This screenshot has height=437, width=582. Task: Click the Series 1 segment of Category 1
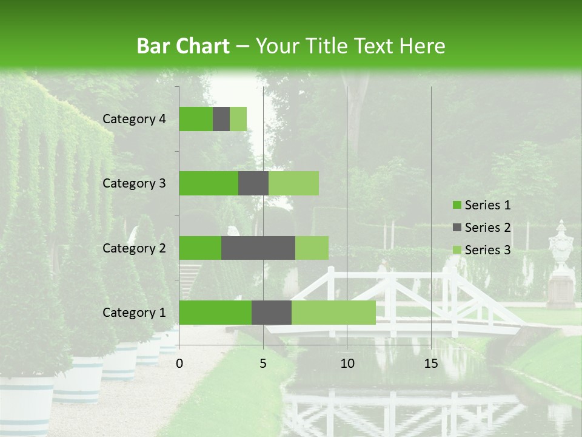[215, 313]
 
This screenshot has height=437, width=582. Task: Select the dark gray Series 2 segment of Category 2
[258, 248]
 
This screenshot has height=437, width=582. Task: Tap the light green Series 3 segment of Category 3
[293, 183]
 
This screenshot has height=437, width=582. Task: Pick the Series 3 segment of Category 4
[238, 119]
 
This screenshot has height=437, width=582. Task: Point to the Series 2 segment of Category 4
[221, 119]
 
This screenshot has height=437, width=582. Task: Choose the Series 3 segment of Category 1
[333, 313]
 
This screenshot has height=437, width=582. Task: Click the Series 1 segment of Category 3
[209, 183]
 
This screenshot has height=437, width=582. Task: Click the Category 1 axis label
[134, 313]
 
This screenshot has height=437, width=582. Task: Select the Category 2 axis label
[134, 248]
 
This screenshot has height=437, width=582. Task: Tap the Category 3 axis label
[134, 183]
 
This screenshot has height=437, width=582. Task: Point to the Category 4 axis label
[134, 119]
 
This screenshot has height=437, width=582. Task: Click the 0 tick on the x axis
[179, 364]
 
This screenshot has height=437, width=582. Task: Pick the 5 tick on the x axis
[263, 364]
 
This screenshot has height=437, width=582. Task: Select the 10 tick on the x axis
[347, 364]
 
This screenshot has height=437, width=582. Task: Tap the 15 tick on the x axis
[430, 364]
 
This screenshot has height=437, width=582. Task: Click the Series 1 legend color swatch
[457, 205]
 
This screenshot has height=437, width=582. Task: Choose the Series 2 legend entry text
[487, 228]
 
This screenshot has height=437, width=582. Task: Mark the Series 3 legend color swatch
[457, 250]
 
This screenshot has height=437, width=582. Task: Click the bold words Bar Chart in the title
[183, 46]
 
